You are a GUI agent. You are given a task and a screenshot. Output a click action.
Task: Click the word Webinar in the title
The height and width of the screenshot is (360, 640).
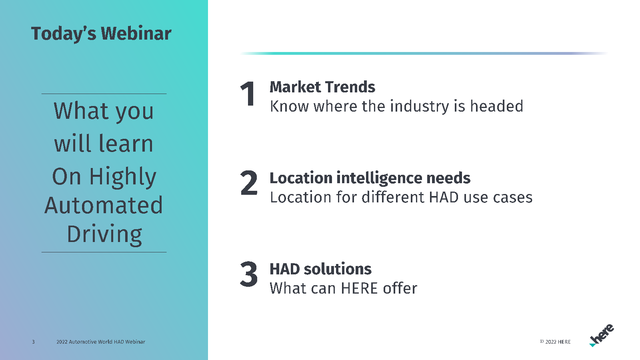tap(136, 34)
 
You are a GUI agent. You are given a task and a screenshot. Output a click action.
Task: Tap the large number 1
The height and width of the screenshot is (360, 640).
tap(248, 94)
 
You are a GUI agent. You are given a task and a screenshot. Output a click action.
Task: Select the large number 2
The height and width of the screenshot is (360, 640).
tap(249, 183)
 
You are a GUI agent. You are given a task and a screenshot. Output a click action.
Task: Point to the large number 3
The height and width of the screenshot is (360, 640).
tap(249, 274)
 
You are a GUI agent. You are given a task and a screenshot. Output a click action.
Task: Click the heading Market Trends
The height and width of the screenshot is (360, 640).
tap(322, 87)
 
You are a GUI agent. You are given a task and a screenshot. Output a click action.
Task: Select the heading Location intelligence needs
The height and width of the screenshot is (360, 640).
tap(370, 178)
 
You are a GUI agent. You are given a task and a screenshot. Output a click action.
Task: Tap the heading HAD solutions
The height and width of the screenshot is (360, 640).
tap(320, 269)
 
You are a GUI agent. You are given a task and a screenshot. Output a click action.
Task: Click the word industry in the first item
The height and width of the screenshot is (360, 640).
tap(420, 107)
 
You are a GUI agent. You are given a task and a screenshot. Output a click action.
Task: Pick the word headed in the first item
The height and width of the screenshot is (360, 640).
tap(497, 106)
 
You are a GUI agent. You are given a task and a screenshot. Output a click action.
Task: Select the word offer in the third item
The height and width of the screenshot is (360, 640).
tap(400, 288)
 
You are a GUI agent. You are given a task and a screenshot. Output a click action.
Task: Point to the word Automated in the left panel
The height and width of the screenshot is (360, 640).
tap(104, 205)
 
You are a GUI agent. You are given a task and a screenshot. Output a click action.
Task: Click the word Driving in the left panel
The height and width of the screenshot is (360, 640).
tap(104, 234)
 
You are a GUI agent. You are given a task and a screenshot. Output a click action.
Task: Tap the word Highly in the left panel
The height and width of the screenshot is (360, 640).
tap(123, 177)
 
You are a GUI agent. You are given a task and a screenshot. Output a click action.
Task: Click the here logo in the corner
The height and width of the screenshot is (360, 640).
tap(602, 335)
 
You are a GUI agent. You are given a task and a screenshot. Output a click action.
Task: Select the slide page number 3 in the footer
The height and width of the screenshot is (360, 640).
tap(34, 342)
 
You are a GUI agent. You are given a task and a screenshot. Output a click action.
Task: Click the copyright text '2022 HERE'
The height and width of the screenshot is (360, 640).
tap(555, 342)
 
